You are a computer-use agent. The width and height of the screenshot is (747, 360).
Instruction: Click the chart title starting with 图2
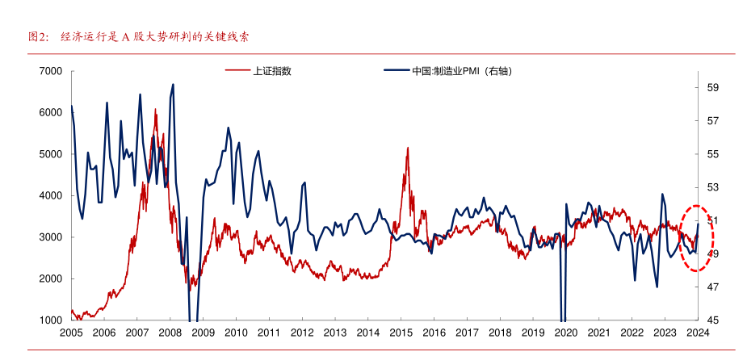coord(137,37)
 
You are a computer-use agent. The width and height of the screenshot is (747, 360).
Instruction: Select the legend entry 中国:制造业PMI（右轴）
coord(462,71)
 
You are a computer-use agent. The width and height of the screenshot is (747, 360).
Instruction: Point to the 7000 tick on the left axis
coord(51,71)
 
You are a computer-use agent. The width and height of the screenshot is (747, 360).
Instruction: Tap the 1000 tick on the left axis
coord(51,320)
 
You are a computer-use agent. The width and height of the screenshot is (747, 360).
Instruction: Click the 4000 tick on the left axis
coord(51,195)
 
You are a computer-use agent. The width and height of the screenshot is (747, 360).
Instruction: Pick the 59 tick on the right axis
coord(714,87)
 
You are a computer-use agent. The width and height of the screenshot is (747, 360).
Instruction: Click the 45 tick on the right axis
coord(714,320)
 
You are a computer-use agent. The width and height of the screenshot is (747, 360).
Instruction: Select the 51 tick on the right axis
coord(714,220)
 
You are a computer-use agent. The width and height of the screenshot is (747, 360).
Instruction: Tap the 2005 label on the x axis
coord(71,333)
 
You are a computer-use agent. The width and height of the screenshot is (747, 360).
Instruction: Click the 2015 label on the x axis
coord(401,333)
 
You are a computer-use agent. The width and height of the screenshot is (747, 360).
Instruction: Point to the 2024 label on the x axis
coord(697,333)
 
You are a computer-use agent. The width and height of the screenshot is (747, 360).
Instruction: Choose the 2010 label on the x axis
coord(236,333)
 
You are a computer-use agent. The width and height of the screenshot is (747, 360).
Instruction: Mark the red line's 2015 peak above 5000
coord(408,148)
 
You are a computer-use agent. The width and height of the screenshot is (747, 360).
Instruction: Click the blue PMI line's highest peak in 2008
coord(173,84)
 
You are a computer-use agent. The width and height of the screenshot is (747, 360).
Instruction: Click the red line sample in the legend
coord(237,71)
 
